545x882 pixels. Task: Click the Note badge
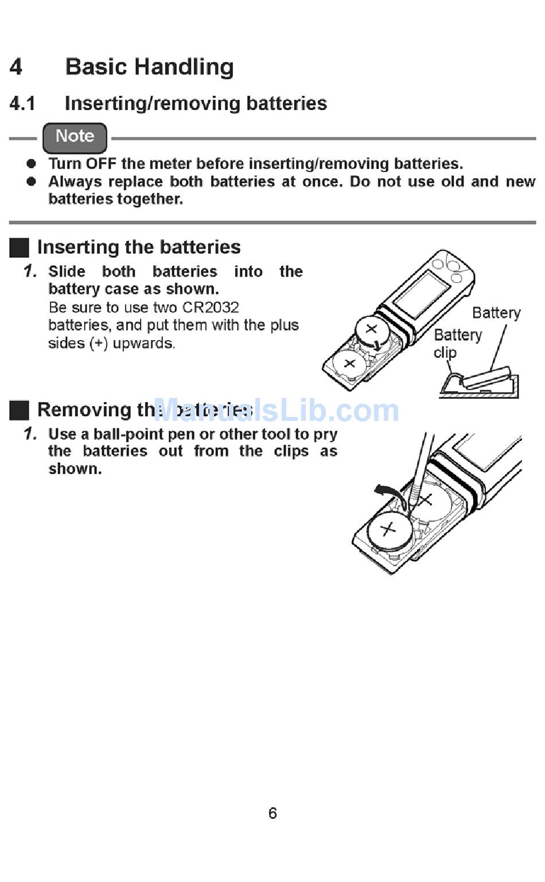pyautogui.click(x=75, y=137)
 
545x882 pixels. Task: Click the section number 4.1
pyautogui.click(x=22, y=104)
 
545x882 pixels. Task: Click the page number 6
pyautogui.click(x=272, y=813)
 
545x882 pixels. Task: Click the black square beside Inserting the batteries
pyautogui.click(x=20, y=248)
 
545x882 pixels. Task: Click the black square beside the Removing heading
pyautogui.click(x=20, y=410)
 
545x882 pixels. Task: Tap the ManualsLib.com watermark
pyautogui.click(x=275, y=410)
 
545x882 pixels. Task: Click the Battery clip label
pyautogui.click(x=457, y=343)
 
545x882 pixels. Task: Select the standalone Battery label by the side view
pyautogui.click(x=496, y=313)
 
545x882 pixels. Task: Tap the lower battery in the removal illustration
pyautogui.click(x=389, y=530)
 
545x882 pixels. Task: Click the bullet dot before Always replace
pyautogui.click(x=32, y=182)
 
